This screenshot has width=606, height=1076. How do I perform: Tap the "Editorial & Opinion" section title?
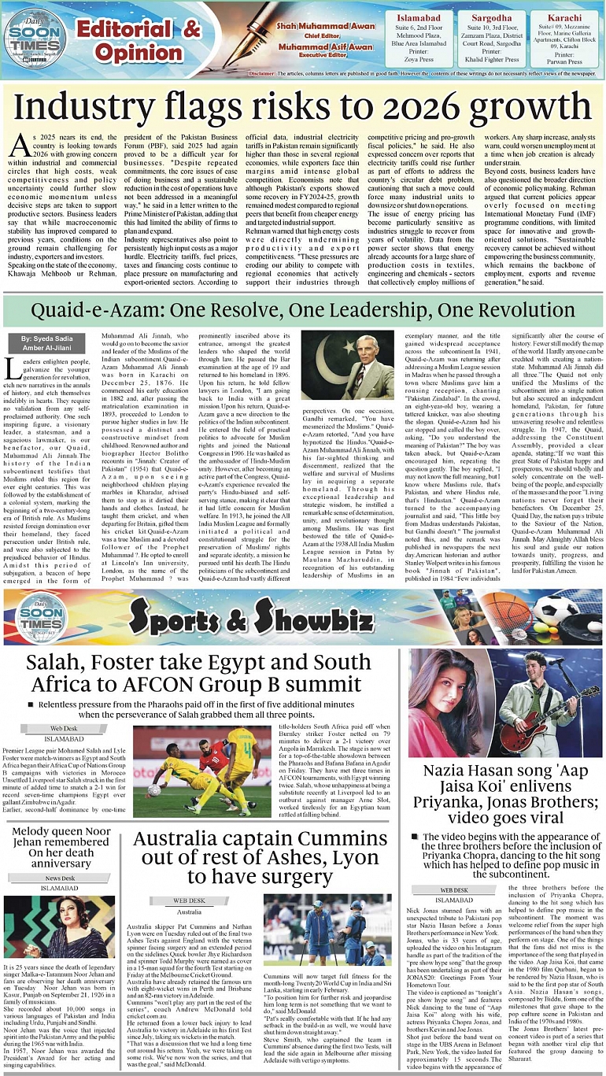[139, 40]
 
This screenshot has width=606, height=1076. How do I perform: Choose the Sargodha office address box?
[486, 41]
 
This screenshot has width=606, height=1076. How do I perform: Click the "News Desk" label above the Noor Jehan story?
[60, 877]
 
